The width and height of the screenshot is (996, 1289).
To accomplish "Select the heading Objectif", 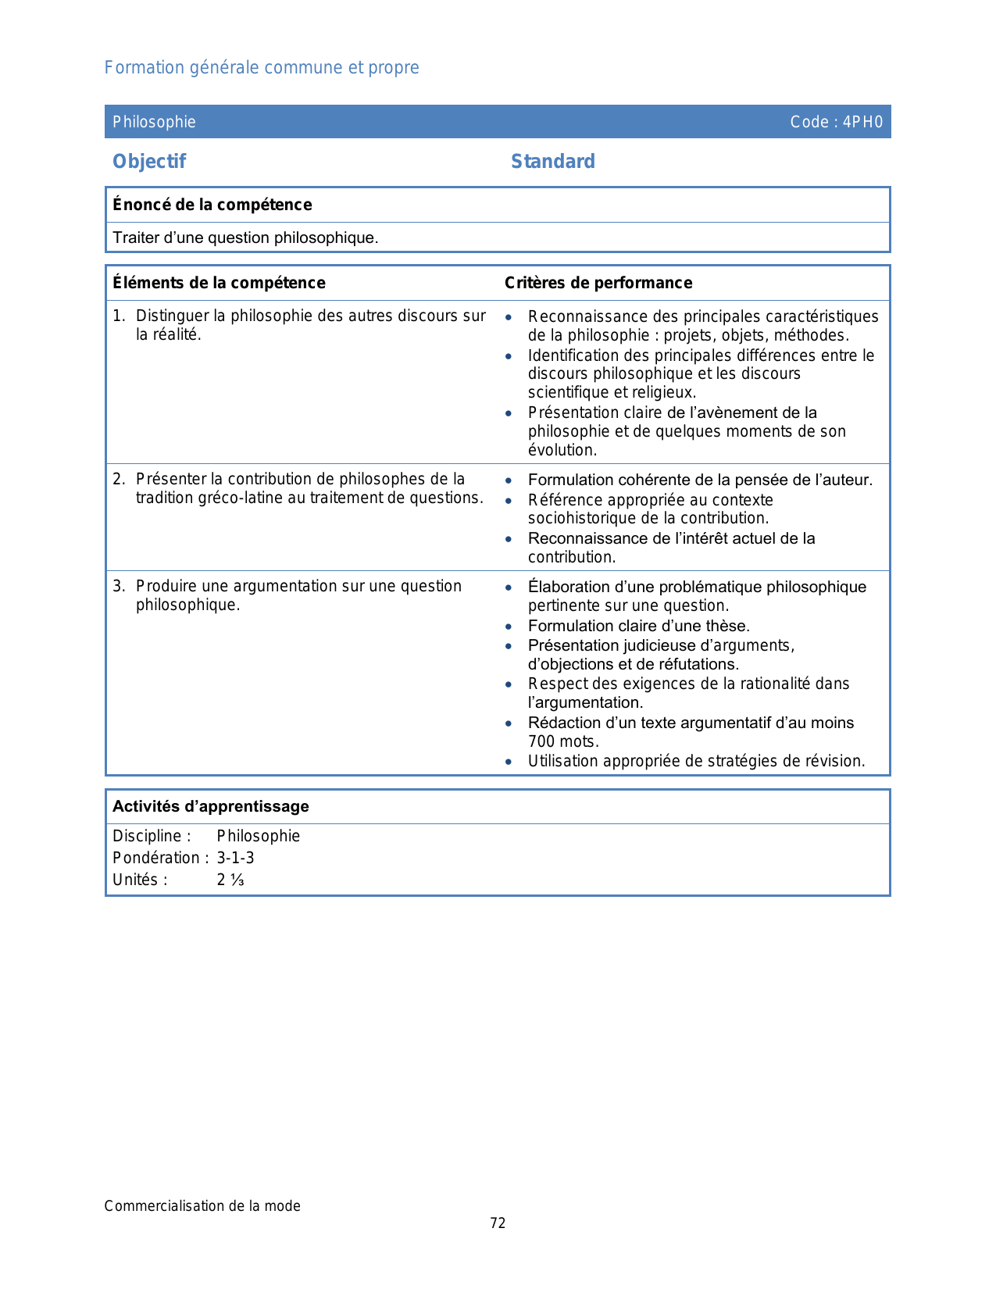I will click(149, 162).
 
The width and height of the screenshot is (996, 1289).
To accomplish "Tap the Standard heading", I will click(553, 162).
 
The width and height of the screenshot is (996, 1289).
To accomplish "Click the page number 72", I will click(498, 1223).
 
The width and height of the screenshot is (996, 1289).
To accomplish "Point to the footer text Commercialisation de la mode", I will click(202, 1206).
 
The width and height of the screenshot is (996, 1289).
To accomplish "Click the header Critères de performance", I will click(598, 283).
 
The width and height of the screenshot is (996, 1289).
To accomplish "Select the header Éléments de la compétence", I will click(219, 283).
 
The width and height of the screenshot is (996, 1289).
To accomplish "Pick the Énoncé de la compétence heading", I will click(212, 205).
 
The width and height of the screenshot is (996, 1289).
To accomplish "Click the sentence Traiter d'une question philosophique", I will click(245, 238).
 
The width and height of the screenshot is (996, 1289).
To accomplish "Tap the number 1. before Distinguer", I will click(119, 316).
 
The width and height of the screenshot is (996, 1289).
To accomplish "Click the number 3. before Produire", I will click(119, 587).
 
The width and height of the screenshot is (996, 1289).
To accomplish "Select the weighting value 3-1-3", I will click(235, 858).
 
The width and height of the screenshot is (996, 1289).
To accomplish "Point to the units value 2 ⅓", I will click(230, 880).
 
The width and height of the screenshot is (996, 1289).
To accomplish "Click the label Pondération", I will click(157, 858).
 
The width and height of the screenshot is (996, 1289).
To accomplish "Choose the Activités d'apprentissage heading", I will click(211, 807).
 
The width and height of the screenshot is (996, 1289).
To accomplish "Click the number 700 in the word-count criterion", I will click(541, 741).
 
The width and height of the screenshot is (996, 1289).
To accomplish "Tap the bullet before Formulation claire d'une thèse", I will click(509, 627).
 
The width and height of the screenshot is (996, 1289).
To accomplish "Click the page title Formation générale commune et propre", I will click(262, 68).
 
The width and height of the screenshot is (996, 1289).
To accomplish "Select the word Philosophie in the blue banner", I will click(154, 122).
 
